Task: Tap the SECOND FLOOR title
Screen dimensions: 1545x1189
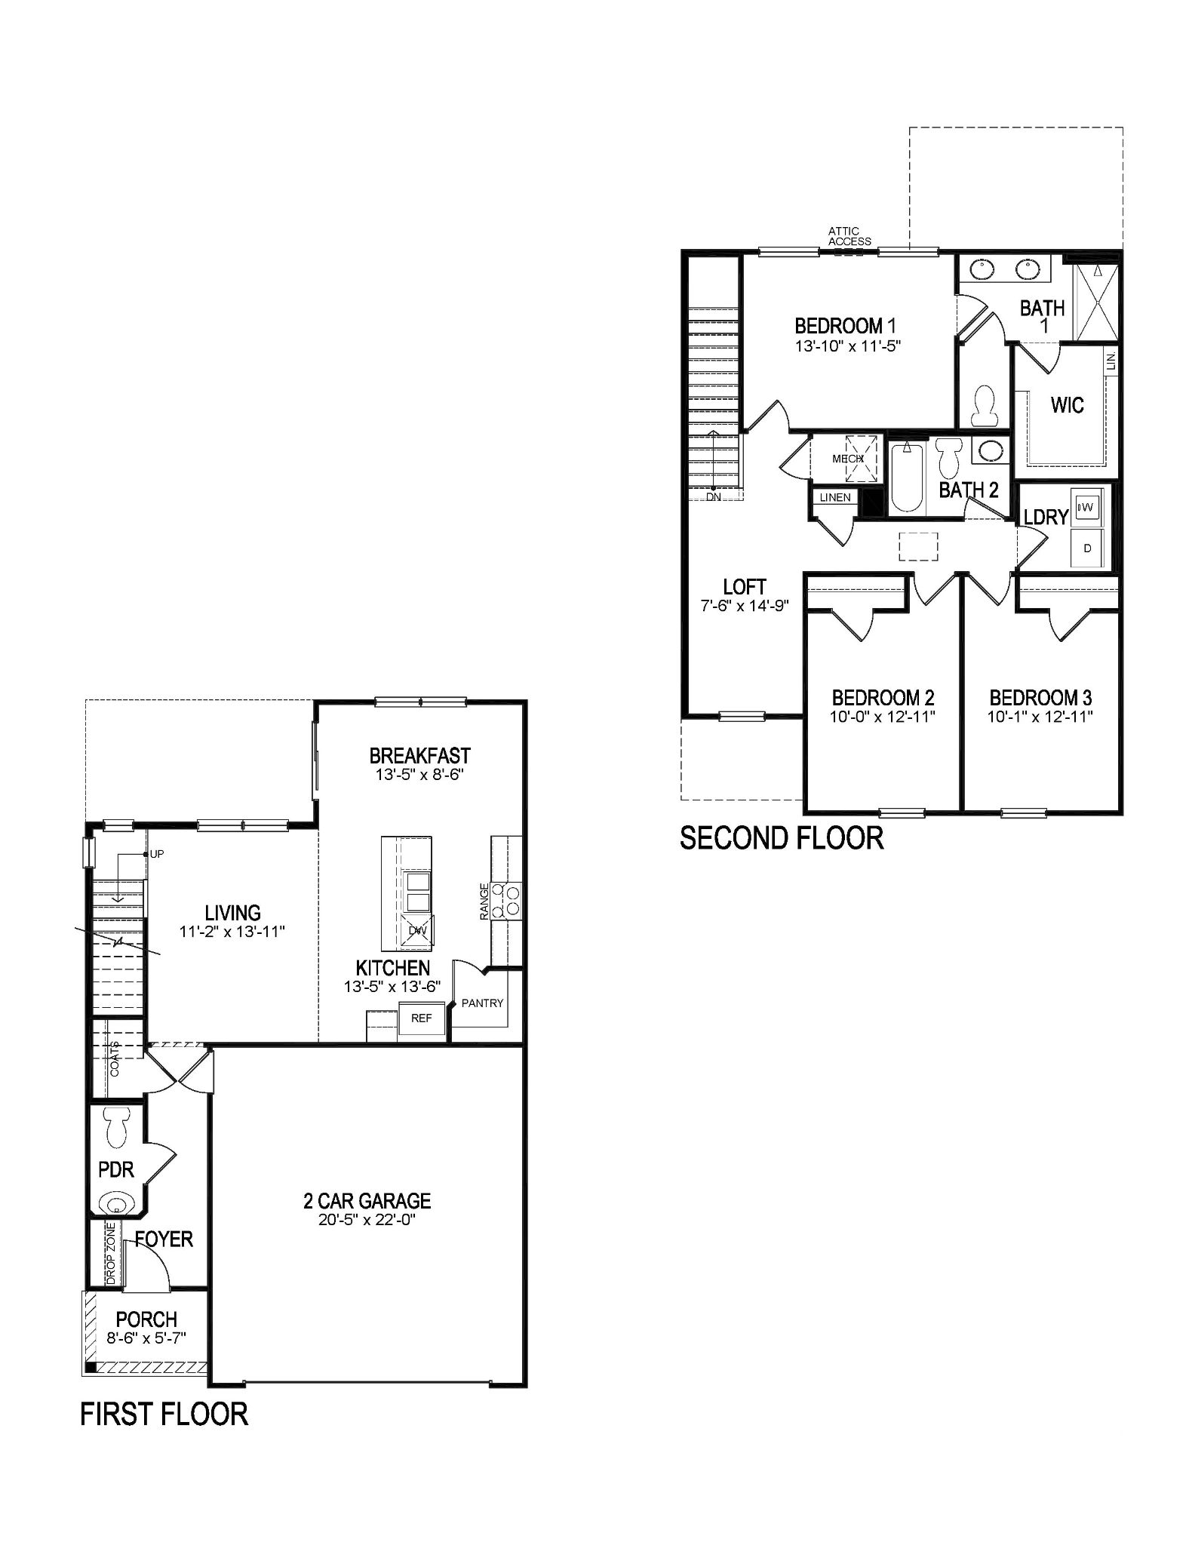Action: (781, 838)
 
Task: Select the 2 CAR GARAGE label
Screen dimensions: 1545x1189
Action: (367, 1200)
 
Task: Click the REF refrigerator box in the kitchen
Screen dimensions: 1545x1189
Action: (421, 1018)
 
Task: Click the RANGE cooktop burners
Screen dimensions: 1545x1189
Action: (506, 901)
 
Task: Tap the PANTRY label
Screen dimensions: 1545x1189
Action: (482, 1003)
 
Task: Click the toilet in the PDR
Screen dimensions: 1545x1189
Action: (116, 1128)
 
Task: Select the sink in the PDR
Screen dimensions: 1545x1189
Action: (116, 1203)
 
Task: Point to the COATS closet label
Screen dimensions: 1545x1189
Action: (115, 1058)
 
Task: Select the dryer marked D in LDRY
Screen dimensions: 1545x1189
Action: (1087, 548)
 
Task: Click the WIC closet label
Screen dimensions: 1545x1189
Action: (1067, 406)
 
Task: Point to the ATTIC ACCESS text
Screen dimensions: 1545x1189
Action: (849, 236)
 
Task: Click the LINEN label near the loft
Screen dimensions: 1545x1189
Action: (834, 497)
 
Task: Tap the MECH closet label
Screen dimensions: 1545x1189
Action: (847, 459)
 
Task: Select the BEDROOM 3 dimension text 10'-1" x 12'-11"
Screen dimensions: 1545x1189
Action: (1040, 717)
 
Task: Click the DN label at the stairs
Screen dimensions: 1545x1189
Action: (714, 496)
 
